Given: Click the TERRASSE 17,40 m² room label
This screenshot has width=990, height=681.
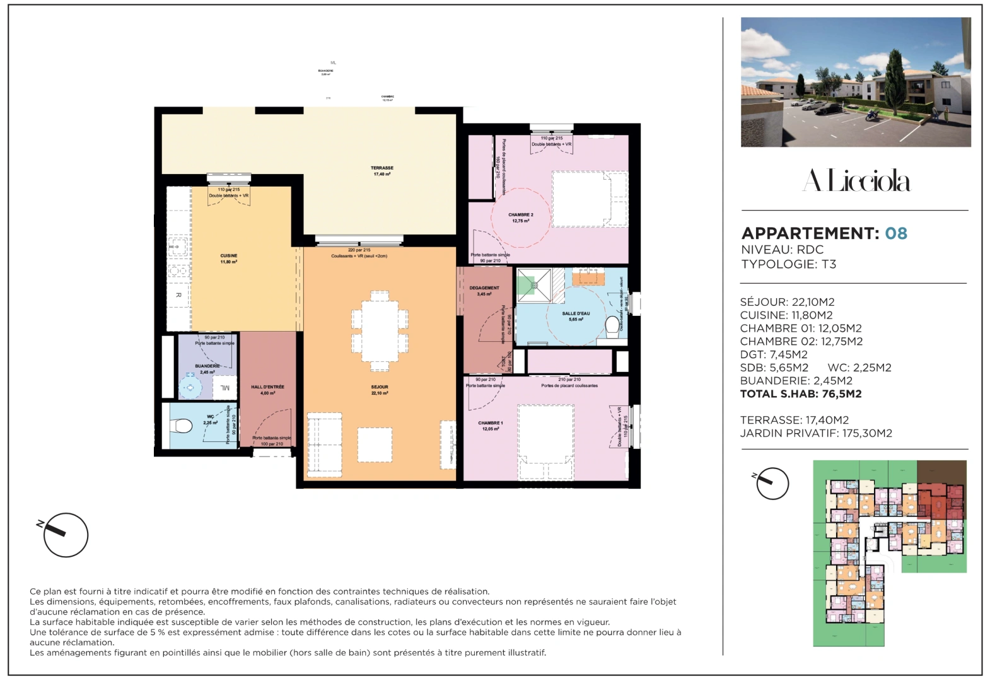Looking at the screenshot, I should click(x=381, y=171).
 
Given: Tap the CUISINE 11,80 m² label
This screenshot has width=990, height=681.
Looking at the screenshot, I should click(x=228, y=259).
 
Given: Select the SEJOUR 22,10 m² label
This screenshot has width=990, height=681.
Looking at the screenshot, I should click(x=380, y=390).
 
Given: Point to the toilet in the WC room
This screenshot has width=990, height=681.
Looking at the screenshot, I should click(x=182, y=426).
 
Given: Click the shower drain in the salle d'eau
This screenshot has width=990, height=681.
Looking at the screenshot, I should click(x=534, y=285).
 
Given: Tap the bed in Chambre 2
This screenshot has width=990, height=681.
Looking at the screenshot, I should click(x=589, y=199).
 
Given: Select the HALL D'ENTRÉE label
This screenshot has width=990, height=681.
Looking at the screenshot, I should click(x=267, y=390).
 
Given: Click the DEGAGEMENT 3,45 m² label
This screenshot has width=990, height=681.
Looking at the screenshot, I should click(x=484, y=291).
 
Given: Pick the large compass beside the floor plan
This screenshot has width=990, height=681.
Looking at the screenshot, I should click(x=66, y=535).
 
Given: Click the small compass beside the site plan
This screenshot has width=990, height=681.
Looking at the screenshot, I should click(x=772, y=484).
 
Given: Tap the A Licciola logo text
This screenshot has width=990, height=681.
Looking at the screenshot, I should click(x=856, y=181).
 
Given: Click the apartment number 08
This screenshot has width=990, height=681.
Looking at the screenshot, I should click(x=895, y=233).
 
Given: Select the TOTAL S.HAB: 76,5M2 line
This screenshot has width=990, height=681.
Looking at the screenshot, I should click(x=800, y=394).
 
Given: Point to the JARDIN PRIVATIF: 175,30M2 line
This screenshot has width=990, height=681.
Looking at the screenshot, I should click(x=815, y=433).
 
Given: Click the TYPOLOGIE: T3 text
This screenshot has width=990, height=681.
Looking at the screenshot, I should click(x=788, y=264).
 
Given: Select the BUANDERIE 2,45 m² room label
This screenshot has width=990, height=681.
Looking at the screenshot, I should click(x=207, y=369).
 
